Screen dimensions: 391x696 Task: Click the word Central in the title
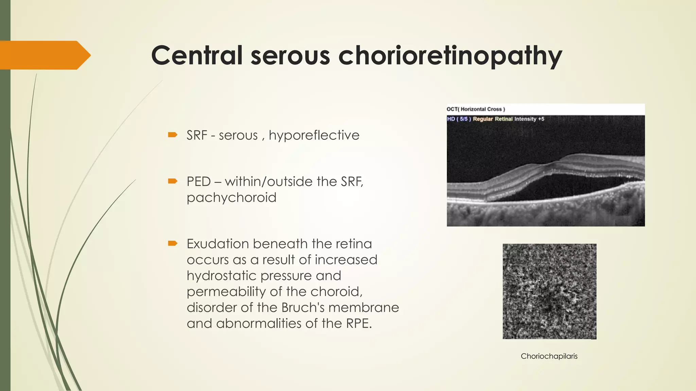(197, 55)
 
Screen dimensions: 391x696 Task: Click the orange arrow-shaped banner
(44, 55)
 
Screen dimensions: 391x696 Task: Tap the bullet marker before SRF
(173, 135)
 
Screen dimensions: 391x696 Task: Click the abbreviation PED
(199, 182)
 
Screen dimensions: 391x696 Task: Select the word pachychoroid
(231, 198)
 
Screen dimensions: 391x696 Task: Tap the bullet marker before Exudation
(173, 243)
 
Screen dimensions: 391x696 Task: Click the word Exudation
(217, 244)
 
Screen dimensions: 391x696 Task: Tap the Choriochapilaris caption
(549, 356)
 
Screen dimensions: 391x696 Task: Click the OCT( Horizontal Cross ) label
(475, 109)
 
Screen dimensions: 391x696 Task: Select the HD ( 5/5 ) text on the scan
(458, 119)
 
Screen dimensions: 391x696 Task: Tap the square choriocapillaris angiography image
(549, 291)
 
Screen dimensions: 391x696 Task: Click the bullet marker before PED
(173, 181)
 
